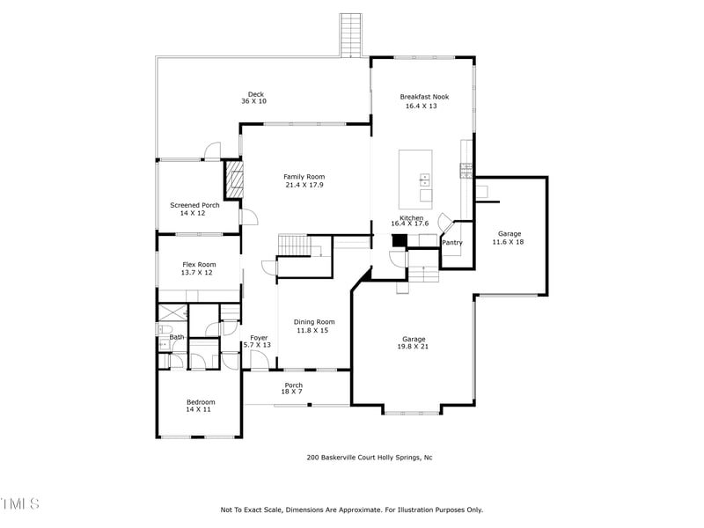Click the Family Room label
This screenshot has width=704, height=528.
tap(304, 177)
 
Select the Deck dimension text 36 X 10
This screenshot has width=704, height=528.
tap(253, 102)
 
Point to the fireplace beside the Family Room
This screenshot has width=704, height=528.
tap(233, 180)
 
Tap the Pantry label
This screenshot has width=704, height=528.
tap(452, 243)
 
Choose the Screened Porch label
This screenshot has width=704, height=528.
tap(194, 205)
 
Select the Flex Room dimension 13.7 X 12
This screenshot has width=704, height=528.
tap(198, 273)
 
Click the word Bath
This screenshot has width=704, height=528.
tap(177, 337)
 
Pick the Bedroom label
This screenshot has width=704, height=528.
tap(200, 402)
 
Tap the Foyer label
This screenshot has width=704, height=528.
tap(259, 338)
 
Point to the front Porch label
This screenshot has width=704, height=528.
tap(293, 385)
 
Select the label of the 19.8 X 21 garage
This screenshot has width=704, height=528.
tap(414, 340)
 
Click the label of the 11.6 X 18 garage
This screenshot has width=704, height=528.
tap(508, 234)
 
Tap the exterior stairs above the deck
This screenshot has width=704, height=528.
tap(351, 34)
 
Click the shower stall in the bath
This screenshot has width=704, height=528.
tap(172, 312)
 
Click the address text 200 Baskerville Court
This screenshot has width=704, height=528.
tap(369, 457)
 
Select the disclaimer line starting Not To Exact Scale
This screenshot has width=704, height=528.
tap(351, 510)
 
